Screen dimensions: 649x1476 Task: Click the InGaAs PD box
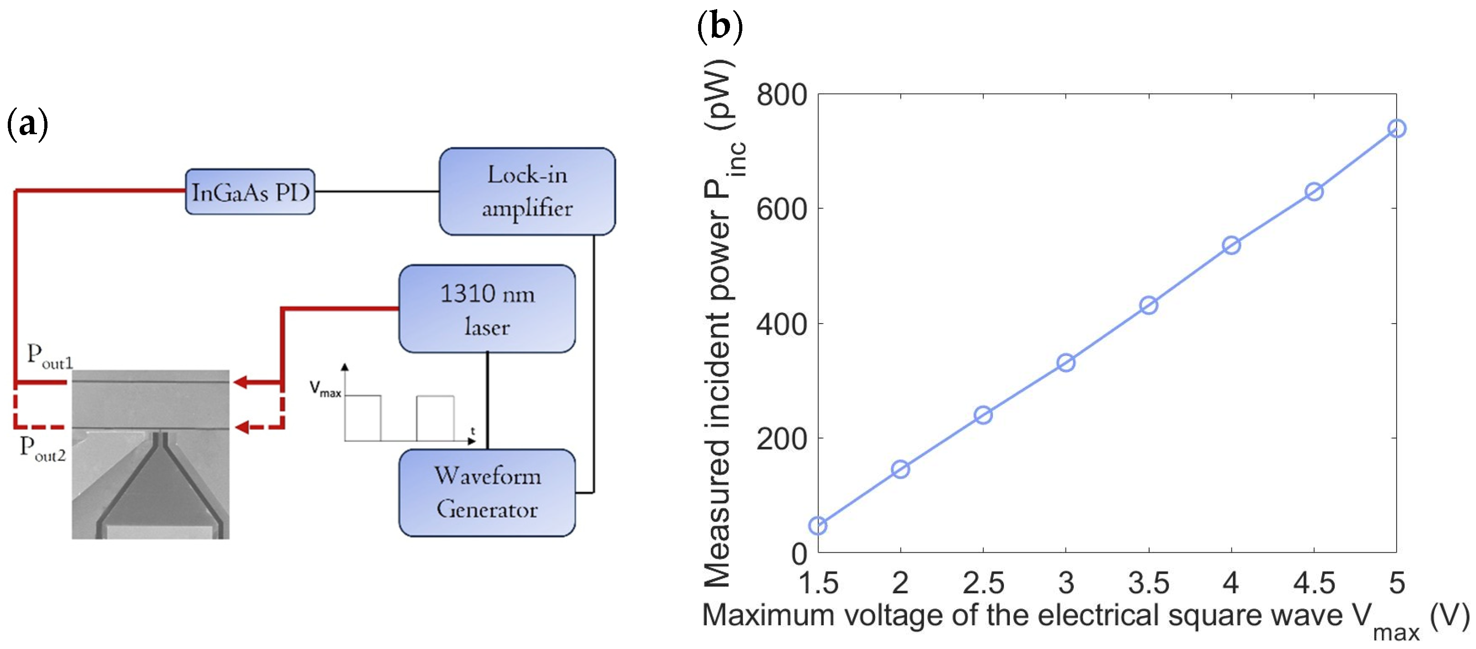pos(250,192)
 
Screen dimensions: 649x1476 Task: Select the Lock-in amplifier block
pos(526,191)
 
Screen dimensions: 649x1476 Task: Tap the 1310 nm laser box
pos(487,309)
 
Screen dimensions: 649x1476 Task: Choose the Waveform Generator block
pos(487,492)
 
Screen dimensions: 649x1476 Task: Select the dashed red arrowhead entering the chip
pos(242,427)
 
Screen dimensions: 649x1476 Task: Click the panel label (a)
pos(27,124)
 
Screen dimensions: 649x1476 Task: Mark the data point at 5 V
pos(1397,128)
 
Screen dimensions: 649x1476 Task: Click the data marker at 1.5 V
pos(818,525)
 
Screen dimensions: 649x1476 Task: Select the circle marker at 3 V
pos(1066,362)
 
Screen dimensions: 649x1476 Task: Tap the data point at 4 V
pos(1231,246)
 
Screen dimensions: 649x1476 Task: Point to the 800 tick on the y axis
pos(782,95)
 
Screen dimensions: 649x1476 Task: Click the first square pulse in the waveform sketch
pos(362,418)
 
